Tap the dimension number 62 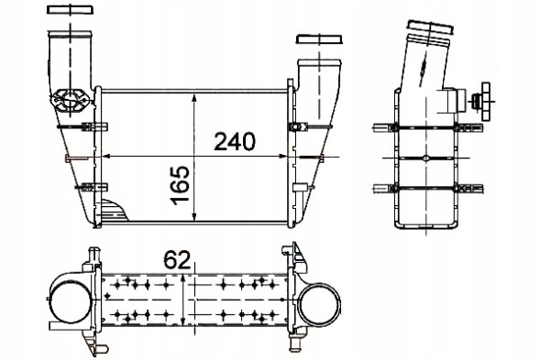(x=176, y=259)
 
